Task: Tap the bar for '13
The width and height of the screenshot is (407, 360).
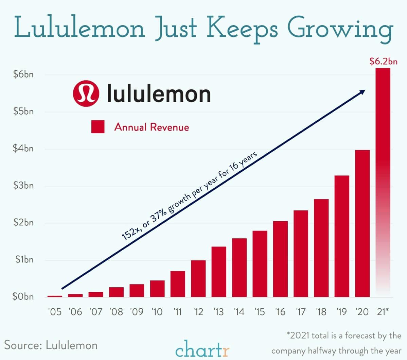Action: click(219, 272)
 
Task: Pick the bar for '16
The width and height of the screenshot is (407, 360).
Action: click(280, 259)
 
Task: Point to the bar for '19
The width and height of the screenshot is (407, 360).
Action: click(342, 236)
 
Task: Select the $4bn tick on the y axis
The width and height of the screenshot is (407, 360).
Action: click(23, 149)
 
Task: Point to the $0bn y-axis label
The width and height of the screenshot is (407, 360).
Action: click(23, 297)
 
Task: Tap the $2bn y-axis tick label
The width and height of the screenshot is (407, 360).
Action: click(23, 223)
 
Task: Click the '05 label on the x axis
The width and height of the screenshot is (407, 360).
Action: click(55, 312)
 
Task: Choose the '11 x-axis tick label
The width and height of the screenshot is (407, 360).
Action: click(178, 312)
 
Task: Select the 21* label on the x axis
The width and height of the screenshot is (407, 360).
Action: click(383, 312)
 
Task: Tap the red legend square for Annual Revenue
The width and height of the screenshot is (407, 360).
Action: click(98, 127)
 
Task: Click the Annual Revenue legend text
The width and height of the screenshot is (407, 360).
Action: click(152, 127)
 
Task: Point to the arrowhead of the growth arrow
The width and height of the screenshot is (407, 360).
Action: click(362, 91)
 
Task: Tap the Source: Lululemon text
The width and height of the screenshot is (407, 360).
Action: click(51, 345)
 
